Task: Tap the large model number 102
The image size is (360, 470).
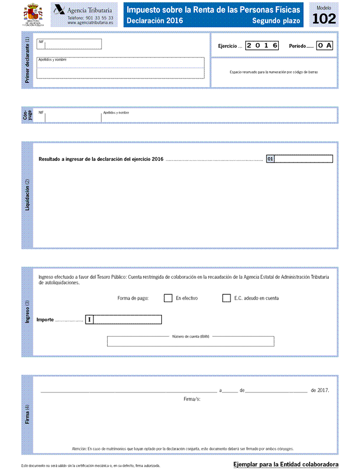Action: (324, 19)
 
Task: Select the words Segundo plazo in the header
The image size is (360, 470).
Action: (276, 21)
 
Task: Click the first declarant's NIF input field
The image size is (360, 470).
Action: (73, 45)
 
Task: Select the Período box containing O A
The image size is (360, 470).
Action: (325, 46)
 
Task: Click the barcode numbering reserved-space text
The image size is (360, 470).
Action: (274, 72)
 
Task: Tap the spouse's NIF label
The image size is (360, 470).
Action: (41, 113)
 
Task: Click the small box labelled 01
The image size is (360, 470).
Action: (270, 159)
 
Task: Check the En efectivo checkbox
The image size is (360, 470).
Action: (168, 298)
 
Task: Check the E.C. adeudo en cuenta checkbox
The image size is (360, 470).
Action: (226, 298)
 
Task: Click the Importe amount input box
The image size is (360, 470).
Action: (127, 319)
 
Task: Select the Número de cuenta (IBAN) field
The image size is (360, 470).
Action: (191, 341)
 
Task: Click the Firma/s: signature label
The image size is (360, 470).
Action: (192, 398)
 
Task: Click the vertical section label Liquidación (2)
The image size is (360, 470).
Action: (27, 195)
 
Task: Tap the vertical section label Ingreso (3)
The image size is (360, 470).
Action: (27, 312)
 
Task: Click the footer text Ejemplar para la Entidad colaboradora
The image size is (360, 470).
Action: (286, 465)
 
